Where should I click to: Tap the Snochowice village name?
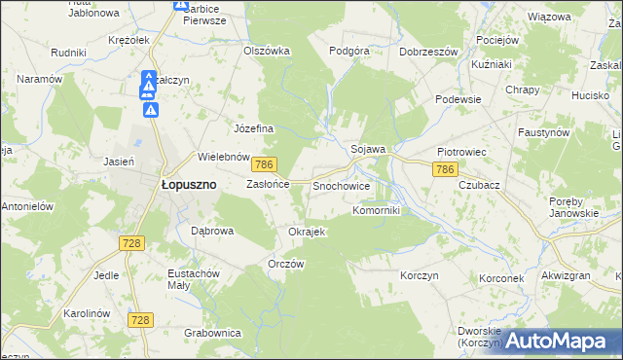click(x=341, y=184)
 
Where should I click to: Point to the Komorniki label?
click(x=376, y=209)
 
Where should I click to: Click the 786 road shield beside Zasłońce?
click(x=268, y=166)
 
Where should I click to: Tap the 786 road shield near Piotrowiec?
click(x=445, y=170)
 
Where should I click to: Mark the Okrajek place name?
click(x=306, y=232)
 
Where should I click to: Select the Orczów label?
click(x=286, y=265)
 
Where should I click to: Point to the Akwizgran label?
click(x=565, y=275)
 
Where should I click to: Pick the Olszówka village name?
click(x=267, y=51)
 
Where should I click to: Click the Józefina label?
click(x=254, y=128)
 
